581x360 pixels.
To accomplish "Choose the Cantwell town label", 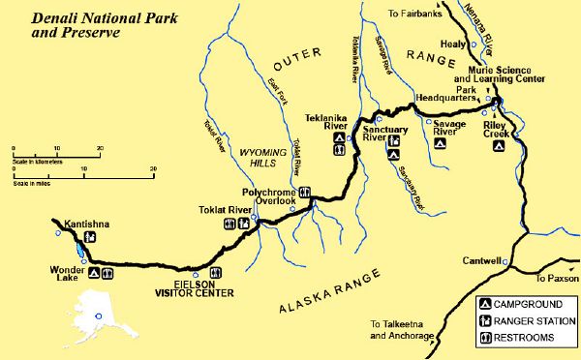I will point(481,261).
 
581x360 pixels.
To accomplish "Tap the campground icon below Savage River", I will point(440,142).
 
